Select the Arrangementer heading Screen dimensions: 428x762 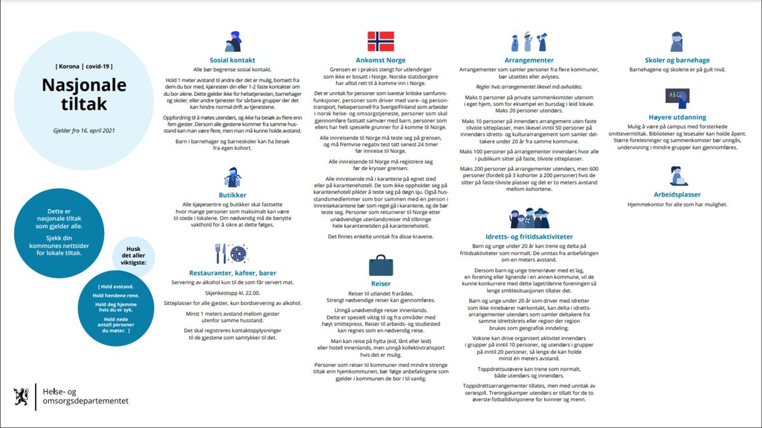529,60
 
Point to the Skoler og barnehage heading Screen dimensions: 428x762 677,60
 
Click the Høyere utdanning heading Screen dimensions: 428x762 677,117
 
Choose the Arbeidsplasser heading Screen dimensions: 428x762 677,194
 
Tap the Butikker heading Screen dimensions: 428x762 232,195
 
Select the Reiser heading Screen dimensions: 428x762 381,283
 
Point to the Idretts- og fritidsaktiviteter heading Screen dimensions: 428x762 529,236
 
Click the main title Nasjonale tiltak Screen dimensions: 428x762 84,93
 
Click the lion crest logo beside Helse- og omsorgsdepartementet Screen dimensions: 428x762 20,396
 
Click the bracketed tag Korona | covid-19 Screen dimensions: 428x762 84,65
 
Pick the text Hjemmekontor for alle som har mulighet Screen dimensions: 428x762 677,204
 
